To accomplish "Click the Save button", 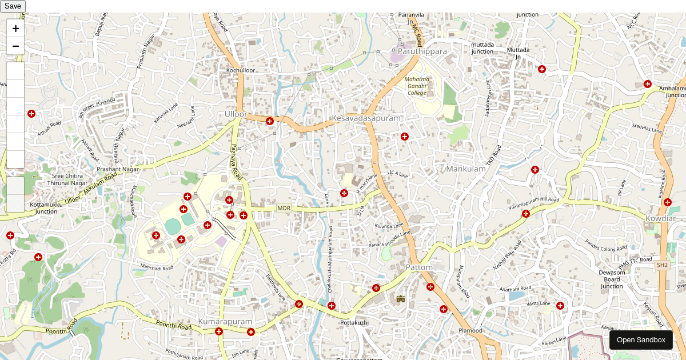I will pos(13,6).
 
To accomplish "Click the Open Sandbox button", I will pos(641,340).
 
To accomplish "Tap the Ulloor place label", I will pos(236,114).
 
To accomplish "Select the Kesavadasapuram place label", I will pos(366,118).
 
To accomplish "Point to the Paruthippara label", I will pos(422,51).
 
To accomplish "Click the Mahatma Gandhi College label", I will pos(417,86).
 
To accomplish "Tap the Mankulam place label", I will pos(466,169).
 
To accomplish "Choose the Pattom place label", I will pos(419,267).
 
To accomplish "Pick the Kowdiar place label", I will pos(661,219).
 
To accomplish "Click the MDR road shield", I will pos(284,209).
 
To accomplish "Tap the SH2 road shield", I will pos(662,265).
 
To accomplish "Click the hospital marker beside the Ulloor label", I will pos(270,121).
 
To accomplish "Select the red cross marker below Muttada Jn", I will pos(542,69).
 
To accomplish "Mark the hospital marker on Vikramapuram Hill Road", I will pos(526,214).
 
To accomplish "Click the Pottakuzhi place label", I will pos(354,323).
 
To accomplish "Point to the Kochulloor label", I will pos(241,70).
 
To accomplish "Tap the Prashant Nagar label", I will pos(118,169).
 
